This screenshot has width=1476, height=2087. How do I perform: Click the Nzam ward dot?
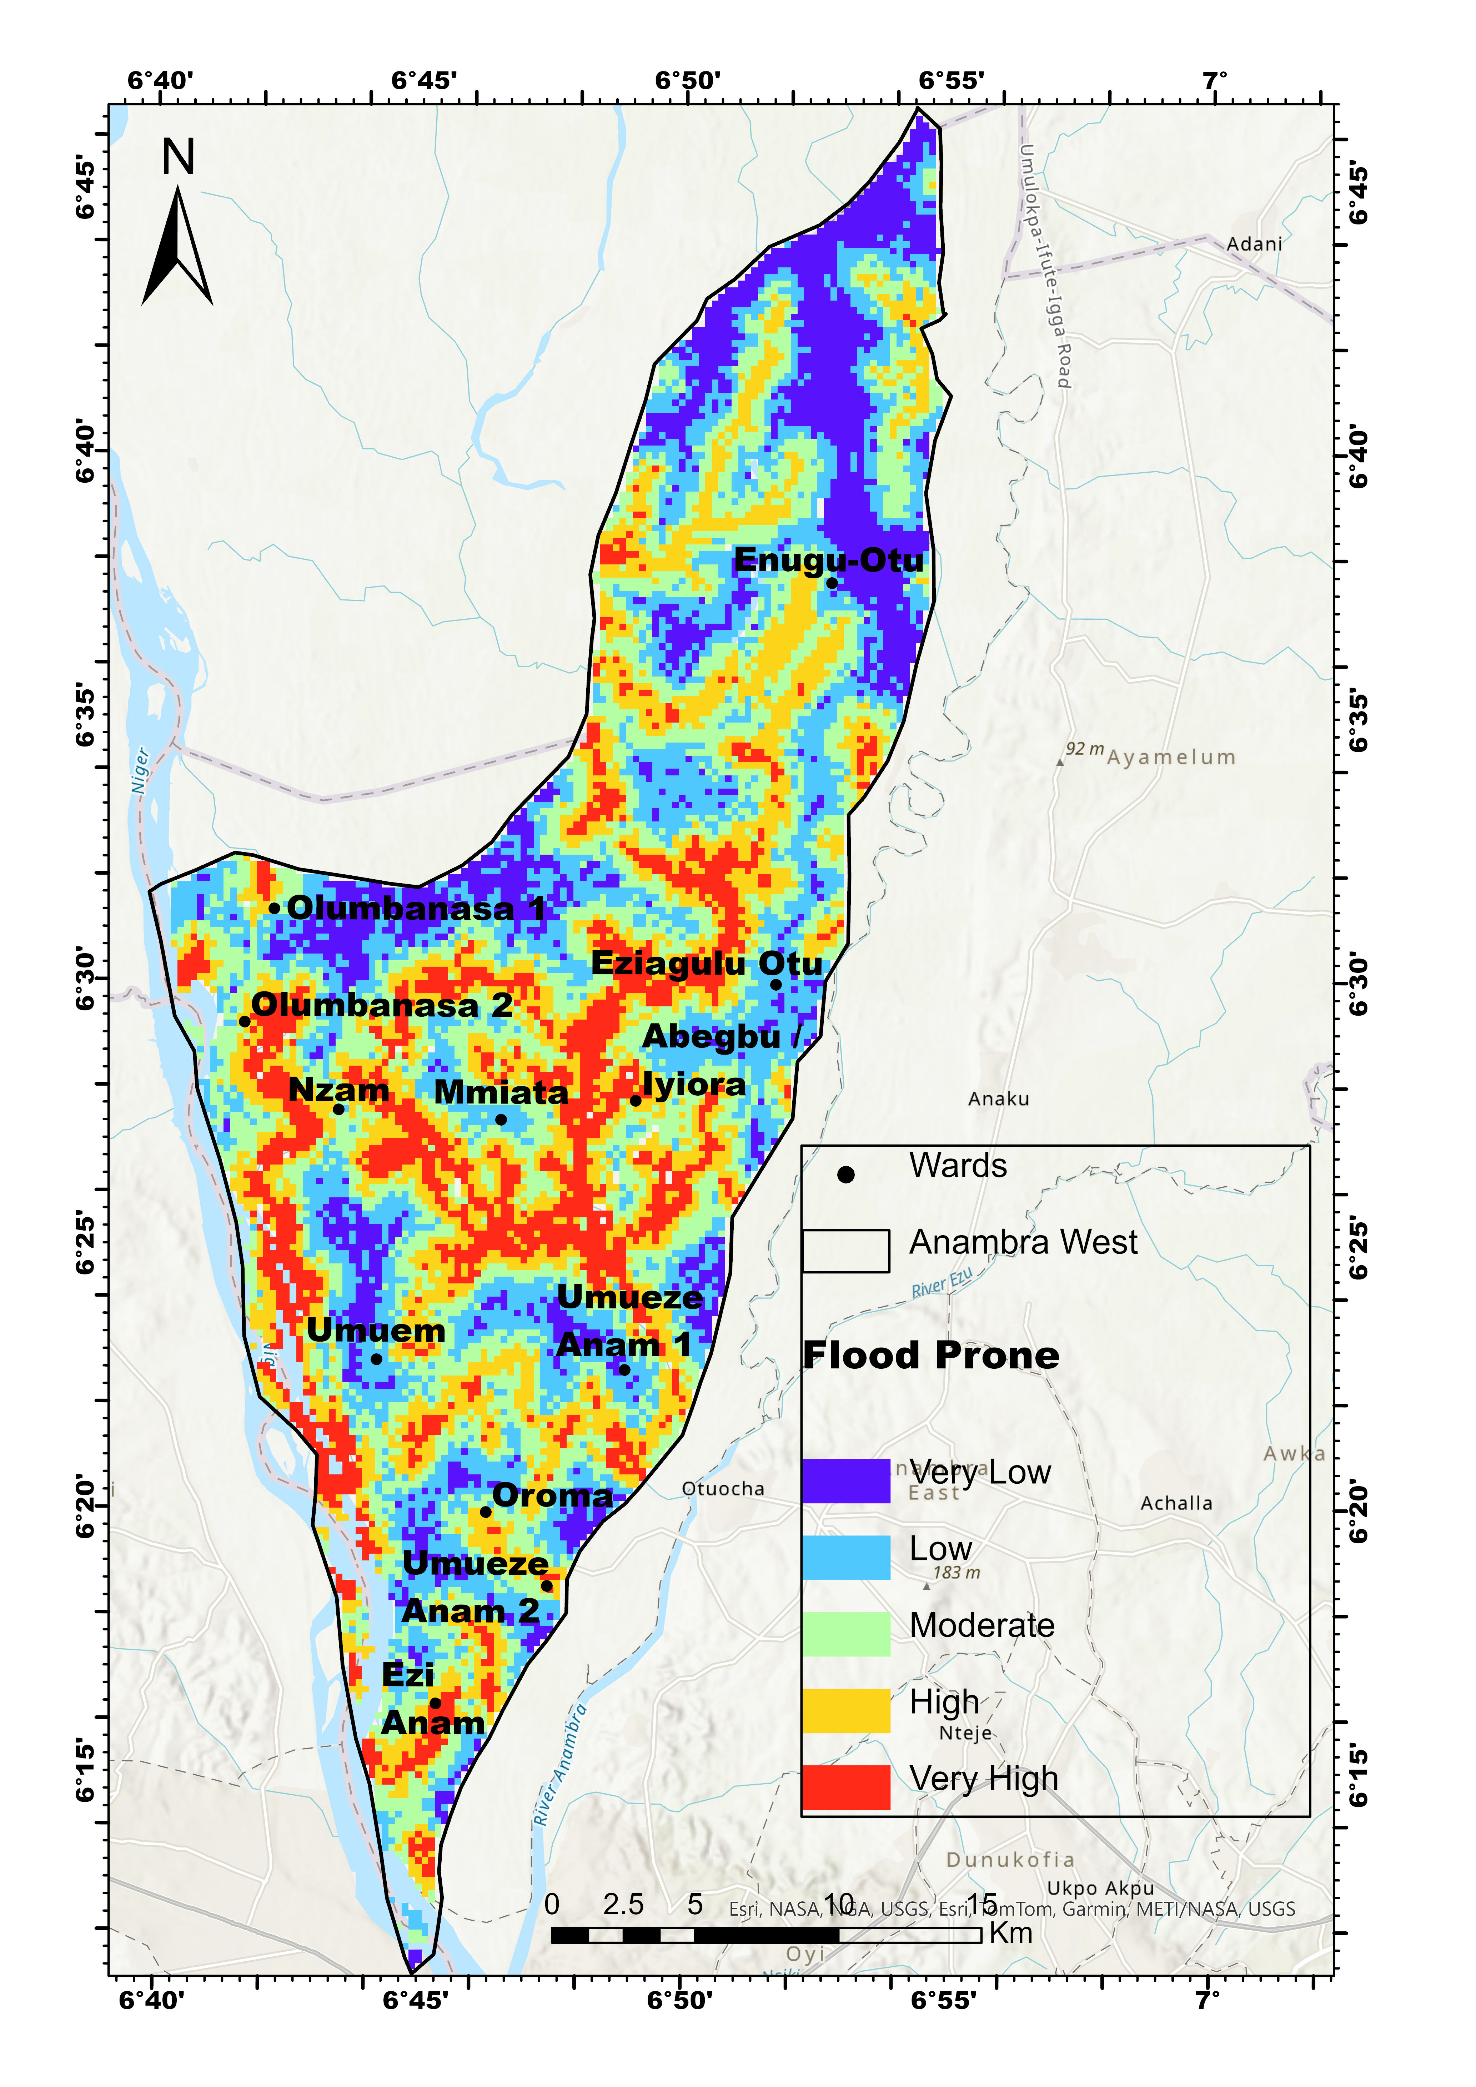coord(338,1109)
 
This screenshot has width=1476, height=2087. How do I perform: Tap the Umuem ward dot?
coord(376,1359)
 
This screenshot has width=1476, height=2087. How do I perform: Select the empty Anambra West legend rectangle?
coord(845,1251)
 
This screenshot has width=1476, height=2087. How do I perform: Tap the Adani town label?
coord(1254,243)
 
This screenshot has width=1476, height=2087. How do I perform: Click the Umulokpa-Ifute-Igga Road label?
coord(1045,266)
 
